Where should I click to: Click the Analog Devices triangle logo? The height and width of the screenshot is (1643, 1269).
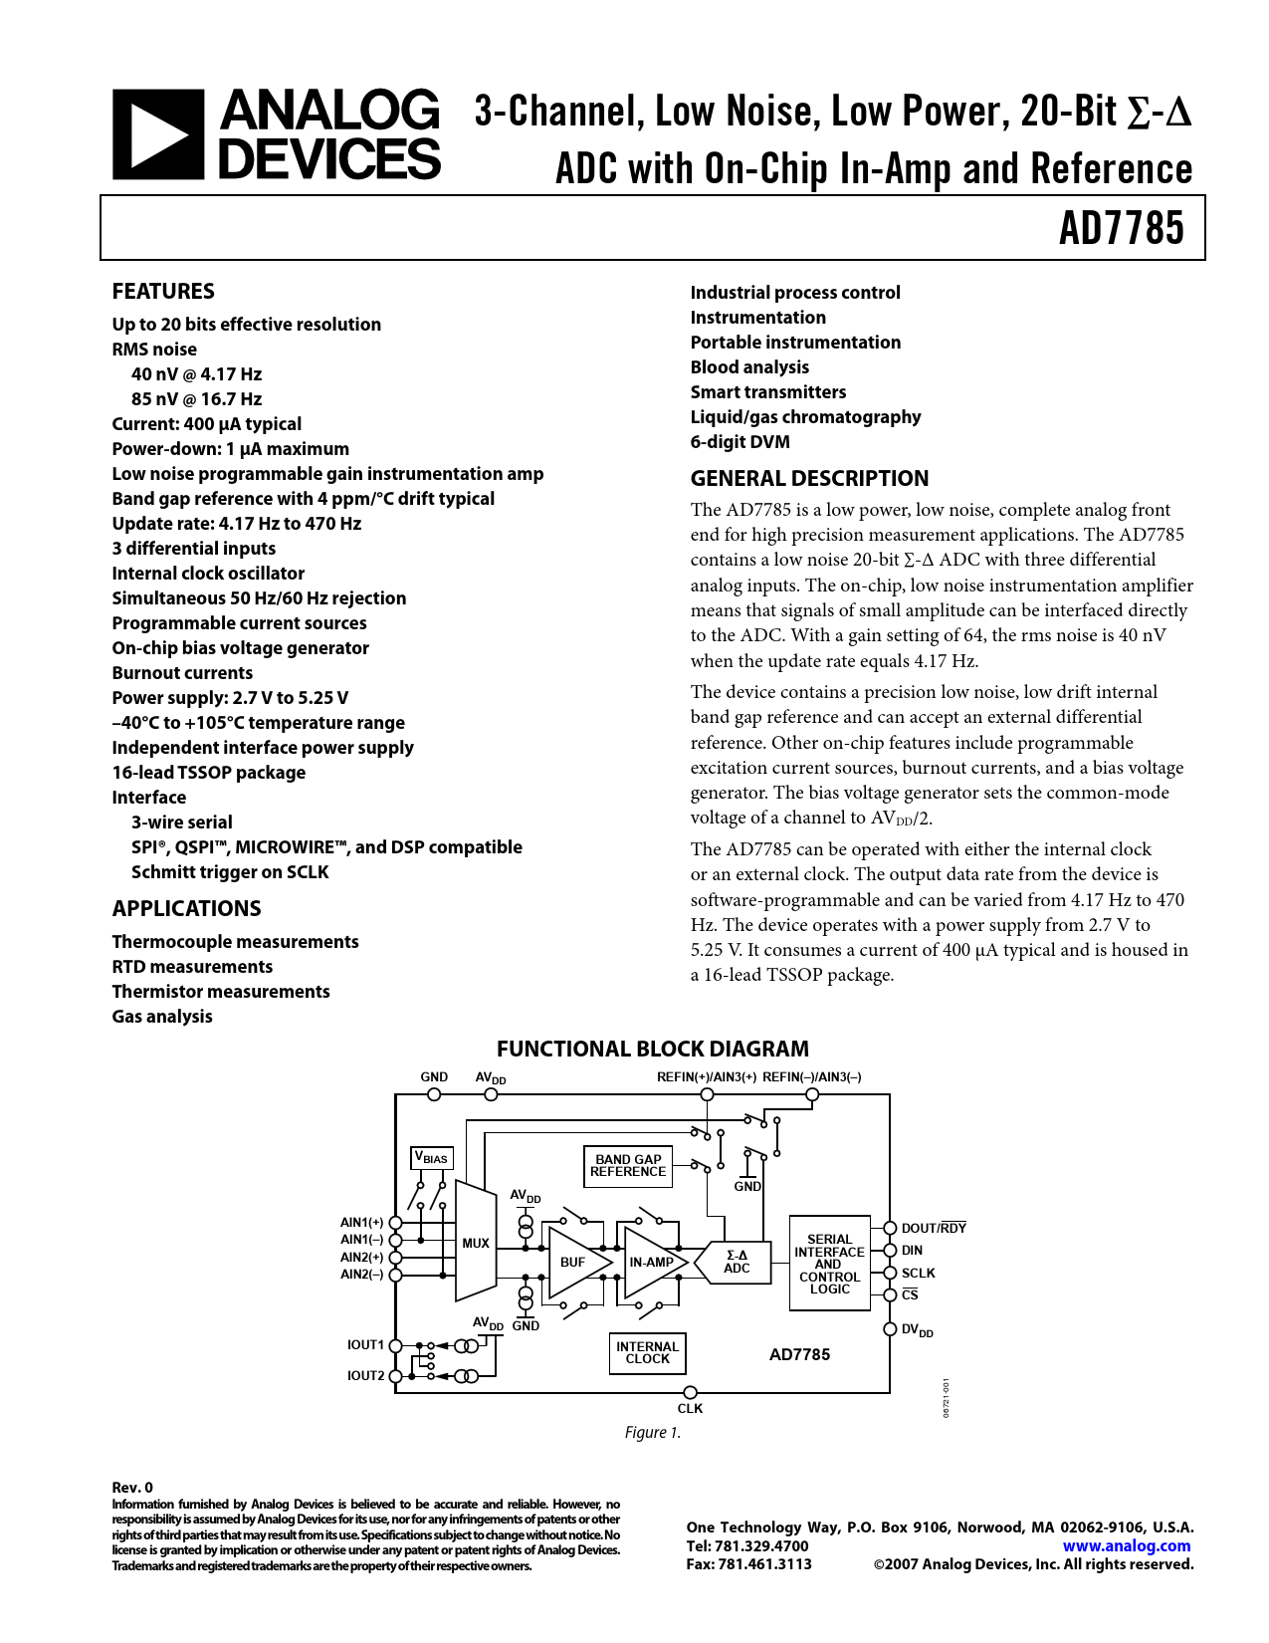pos(157,134)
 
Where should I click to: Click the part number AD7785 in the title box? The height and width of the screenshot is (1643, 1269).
pos(1121,228)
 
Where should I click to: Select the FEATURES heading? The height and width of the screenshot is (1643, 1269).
pos(163,292)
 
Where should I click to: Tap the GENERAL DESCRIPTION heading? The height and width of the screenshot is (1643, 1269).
pos(809,479)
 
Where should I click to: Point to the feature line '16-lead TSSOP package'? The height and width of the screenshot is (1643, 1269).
pos(208,773)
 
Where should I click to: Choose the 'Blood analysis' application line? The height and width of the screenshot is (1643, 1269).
pos(749,367)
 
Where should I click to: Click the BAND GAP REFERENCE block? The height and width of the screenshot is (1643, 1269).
pos(628,1166)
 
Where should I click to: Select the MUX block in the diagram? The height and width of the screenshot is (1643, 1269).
pos(476,1243)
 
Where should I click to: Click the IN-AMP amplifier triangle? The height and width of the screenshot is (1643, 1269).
pos(650,1262)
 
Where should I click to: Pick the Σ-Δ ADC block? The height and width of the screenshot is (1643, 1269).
pos(737,1262)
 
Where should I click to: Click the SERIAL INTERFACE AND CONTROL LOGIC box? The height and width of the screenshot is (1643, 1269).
pos(829,1264)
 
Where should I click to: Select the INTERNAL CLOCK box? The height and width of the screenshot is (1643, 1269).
pos(647,1353)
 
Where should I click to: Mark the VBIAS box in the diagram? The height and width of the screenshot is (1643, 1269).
pos(432,1158)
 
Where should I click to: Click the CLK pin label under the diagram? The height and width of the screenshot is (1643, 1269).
pos(690,1409)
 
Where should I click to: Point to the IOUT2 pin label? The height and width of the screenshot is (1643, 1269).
pos(365,1376)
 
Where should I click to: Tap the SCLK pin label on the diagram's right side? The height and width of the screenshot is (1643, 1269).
pos(918,1274)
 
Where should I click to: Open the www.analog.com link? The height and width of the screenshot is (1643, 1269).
pos(1126,1546)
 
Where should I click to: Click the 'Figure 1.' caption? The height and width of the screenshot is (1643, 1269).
pos(653,1433)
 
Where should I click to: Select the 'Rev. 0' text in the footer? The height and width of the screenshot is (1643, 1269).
pos(132,1488)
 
